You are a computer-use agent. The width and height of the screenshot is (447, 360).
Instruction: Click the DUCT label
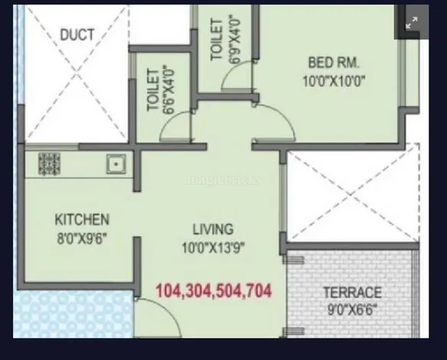(x=77, y=34)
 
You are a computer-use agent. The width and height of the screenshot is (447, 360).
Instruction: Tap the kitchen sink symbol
(x=116, y=164)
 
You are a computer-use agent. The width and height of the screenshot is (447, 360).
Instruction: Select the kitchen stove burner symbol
(x=49, y=164)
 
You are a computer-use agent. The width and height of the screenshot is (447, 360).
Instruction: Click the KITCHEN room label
(x=82, y=219)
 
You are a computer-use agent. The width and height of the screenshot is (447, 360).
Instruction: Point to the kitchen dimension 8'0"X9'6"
(x=82, y=238)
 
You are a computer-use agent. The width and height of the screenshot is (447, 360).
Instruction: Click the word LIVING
(x=213, y=229)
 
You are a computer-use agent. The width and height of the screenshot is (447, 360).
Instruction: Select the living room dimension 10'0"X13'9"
(x=213, y=247)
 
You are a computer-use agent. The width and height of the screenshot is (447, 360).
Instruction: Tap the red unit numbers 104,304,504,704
(x=214, y=291)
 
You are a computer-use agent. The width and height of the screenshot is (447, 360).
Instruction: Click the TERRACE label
(x=352, y=293)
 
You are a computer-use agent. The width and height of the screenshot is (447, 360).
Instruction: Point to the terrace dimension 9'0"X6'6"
(x=352, y=309)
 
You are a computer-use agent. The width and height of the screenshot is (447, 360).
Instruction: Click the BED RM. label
(x=334, y=63)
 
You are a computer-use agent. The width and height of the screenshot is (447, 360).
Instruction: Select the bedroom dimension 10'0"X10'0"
(x=334, y=81)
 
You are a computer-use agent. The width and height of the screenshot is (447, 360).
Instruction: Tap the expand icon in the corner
(x=412, y=22)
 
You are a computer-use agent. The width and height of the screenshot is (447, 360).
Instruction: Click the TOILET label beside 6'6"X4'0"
(x=153, y=90)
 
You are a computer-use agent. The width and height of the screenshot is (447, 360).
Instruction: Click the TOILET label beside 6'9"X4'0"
(x=217, y=39)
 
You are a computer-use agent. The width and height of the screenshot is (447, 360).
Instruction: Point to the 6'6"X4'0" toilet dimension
(x=168, y=90)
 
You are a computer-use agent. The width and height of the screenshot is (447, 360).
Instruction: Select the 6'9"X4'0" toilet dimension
(x=235, y=39)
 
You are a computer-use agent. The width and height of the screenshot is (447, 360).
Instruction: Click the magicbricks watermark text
(x=223, y=179)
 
